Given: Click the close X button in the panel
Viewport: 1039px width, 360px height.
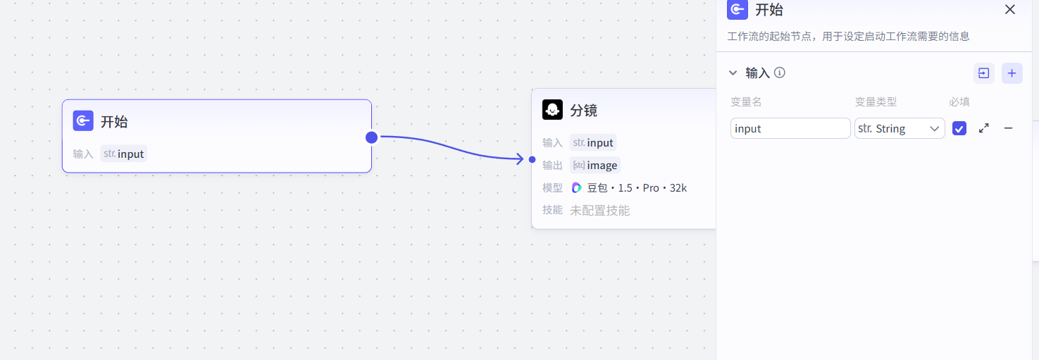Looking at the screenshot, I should click(1009, 10).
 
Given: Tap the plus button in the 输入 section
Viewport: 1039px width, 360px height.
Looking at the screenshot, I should click(1012, 73).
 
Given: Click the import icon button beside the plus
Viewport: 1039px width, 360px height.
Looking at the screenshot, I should click(983, 73).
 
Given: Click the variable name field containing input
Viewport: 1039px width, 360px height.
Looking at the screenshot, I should click(790, 128).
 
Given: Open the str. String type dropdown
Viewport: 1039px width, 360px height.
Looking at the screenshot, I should click(900, 128).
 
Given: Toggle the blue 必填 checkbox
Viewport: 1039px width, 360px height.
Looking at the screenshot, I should click(959, 128).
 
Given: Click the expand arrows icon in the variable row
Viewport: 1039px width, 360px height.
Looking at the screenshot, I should click(984, 128).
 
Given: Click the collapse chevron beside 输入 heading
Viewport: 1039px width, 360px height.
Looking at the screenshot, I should click(733, 73).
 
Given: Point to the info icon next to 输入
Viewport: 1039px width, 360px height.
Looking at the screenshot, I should click(780, 73).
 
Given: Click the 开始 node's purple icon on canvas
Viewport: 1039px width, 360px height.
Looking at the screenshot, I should click(83, 121).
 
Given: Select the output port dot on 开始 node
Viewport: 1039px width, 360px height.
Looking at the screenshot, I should click(372, 137).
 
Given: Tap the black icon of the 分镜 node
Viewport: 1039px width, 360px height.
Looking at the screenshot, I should click(552, 110).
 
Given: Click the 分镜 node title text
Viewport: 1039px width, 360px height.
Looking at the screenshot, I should click(583, 111).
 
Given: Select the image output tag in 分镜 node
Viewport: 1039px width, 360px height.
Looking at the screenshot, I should click(595, 166).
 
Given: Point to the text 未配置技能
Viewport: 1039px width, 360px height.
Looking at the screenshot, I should click(599, 210).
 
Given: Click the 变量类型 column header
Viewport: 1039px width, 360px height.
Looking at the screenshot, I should click(876, 101).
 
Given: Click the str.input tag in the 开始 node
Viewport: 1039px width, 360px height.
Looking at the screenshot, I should click(124, 154).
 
